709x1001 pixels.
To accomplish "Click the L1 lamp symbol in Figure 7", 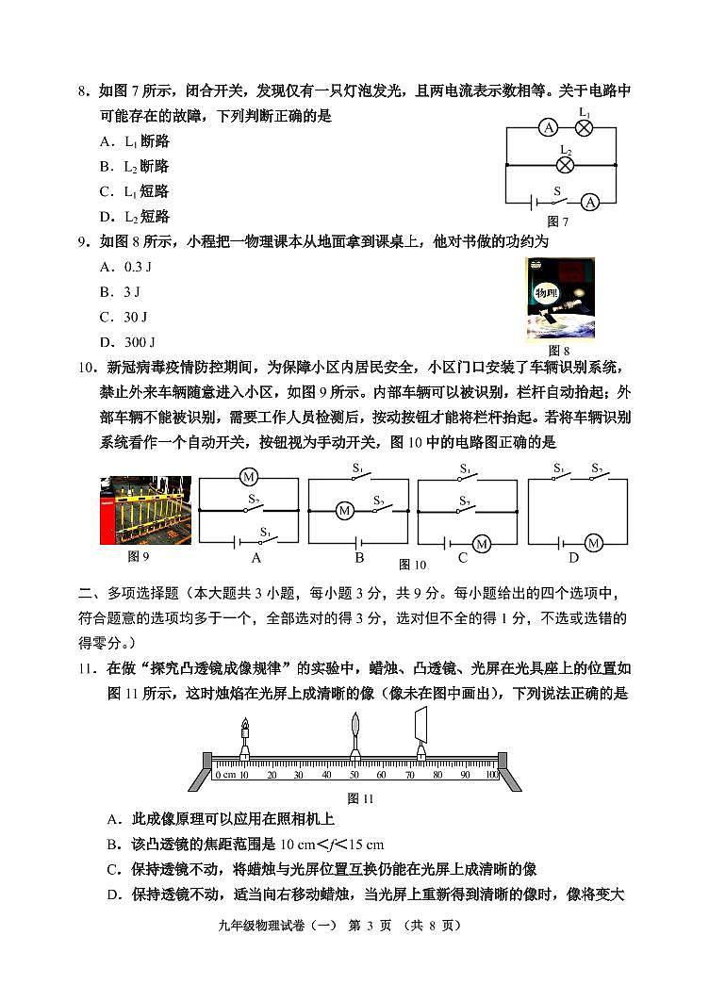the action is pos(584,129).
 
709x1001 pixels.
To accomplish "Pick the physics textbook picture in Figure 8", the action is pos(559,299).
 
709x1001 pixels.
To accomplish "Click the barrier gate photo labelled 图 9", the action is pos(145,510).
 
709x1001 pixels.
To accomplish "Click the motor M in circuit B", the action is pos(345,511).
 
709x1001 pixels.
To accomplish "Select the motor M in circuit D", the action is pos(593,543).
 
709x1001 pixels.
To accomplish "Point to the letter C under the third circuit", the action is pos(463,557).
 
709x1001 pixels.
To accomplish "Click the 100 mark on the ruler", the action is pos(490,775).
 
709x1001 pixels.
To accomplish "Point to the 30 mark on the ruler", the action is pos(299,775).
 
